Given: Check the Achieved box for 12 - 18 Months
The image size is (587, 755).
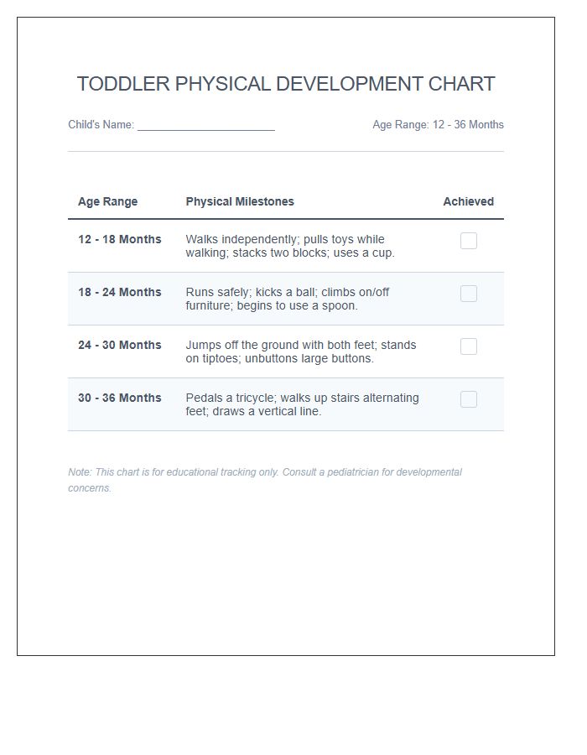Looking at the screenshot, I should [x=469, y=241].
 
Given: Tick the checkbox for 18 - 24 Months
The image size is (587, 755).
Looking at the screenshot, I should [x=469, y=294].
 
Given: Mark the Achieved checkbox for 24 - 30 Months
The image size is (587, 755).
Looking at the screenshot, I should [x=469, y=346].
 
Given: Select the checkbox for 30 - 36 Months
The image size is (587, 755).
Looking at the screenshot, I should [x=469, y=399].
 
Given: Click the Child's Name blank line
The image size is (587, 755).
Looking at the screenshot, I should [x=206, y=126].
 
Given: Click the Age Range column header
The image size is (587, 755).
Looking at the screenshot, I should [x=107, y=201].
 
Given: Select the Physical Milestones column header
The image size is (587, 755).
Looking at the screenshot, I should [x=240, y=201].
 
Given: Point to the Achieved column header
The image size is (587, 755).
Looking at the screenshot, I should [x=468, y=201].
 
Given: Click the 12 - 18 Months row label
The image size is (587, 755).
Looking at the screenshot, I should [x=119, y=239].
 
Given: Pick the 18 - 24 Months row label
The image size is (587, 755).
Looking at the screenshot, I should [x=119, y=292].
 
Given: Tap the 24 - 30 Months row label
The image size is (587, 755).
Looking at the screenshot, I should [x=119, y=345].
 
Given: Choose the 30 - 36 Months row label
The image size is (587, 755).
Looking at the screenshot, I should [x=119, y=398].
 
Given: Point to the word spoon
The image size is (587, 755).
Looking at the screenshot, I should [x=338, y=305].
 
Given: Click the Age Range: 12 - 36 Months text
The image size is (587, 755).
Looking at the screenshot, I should [x=438, y=125].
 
